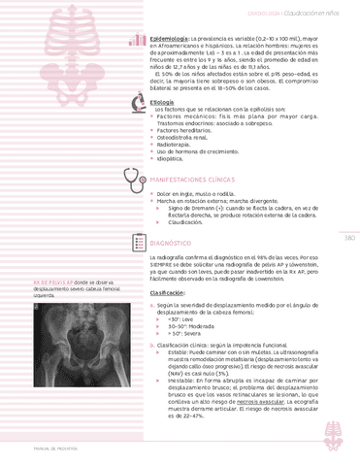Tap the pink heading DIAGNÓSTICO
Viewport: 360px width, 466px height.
(x=178, y=242)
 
